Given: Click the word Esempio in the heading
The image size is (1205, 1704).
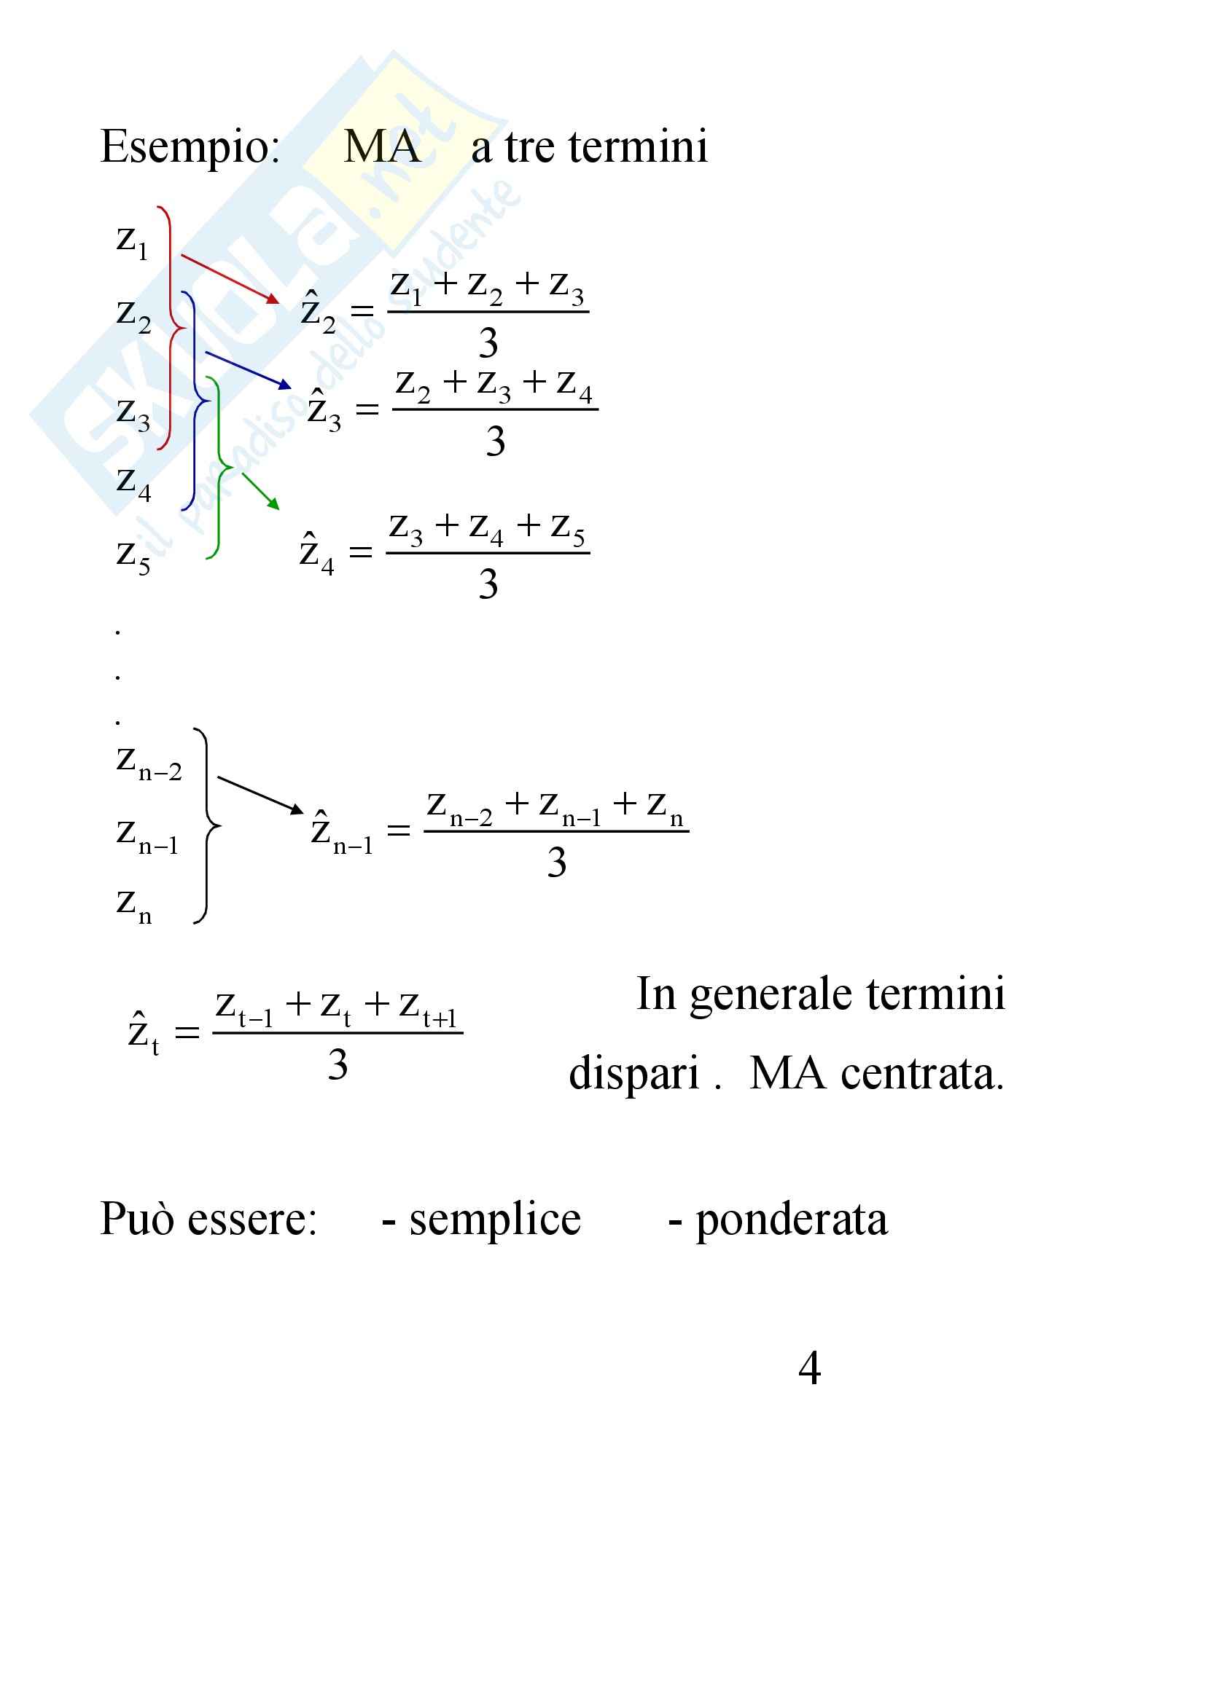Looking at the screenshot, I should click(190, 147).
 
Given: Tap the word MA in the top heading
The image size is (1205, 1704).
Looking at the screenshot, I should click(383, 146).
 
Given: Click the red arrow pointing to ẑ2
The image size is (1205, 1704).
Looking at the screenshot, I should click(230, 278).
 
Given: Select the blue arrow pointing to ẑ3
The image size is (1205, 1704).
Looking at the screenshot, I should click(247, 369).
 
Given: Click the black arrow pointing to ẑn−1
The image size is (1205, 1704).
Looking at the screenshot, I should click(260, 794).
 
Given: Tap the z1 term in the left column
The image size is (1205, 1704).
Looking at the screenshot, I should click(132, 241).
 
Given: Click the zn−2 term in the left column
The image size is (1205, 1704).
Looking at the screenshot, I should click(149, 762).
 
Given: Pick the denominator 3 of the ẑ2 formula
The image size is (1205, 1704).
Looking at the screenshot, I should click(488, 343).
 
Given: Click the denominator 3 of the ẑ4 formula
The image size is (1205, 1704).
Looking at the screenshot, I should click(488, 584).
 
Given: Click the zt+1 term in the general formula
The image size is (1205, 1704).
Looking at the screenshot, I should click(428, 1009).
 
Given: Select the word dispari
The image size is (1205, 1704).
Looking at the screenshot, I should click(634, 1074).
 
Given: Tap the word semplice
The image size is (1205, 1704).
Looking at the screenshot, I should click(494, 1220).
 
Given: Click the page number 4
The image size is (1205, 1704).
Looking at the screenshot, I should click(809, 1368).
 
